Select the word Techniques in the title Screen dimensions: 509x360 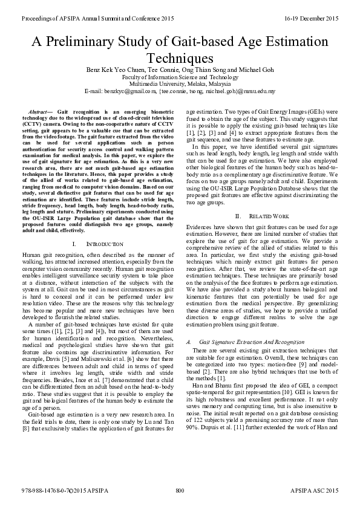[x=180, y=58]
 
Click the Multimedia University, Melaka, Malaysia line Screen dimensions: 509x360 [x=180, y=84]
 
